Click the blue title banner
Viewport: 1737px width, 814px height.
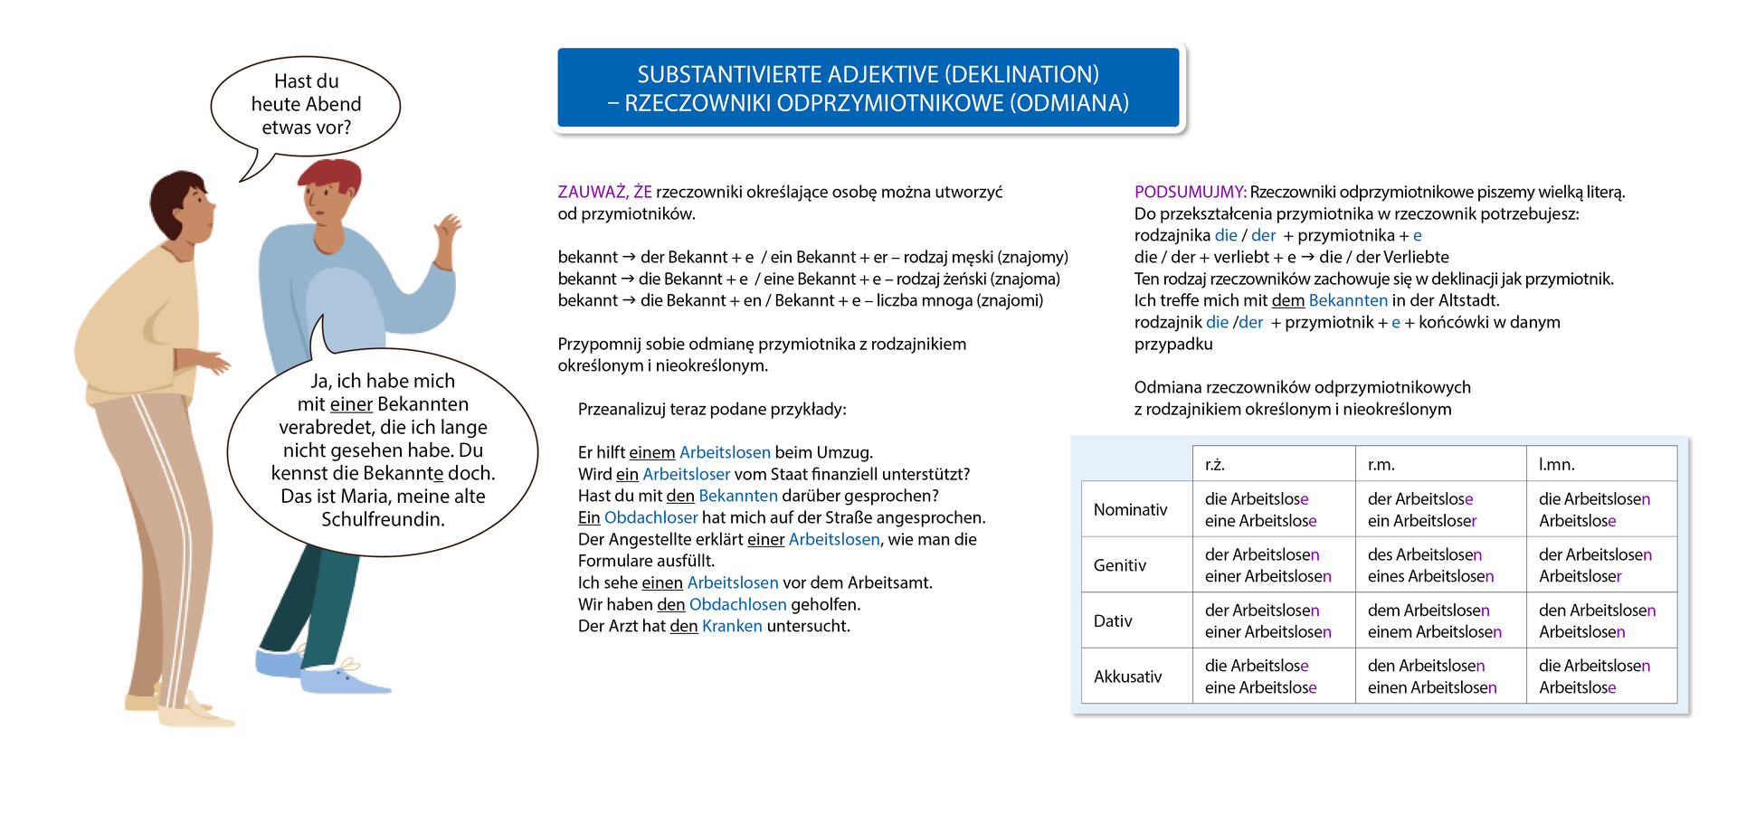868,89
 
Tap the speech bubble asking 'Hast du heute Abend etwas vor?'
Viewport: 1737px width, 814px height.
306,105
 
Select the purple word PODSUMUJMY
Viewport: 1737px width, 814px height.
1190,192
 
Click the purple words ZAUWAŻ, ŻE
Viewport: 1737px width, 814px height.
604,192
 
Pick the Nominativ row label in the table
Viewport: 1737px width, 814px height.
1130,510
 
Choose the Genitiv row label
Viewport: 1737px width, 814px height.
1120,565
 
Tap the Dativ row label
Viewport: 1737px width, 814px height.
1113,621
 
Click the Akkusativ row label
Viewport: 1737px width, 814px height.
1127,677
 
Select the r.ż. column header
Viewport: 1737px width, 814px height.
1215,465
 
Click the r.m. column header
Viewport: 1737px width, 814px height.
1381,465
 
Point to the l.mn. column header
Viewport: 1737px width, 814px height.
1556,465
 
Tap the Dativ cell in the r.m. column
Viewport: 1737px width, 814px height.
1434,621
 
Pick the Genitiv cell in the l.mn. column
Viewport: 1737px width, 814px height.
1594,565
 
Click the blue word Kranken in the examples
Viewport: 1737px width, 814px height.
732,626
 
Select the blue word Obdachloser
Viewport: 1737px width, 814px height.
650,517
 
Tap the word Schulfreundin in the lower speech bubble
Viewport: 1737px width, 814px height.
383,519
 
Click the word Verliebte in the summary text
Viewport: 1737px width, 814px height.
1415,257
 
